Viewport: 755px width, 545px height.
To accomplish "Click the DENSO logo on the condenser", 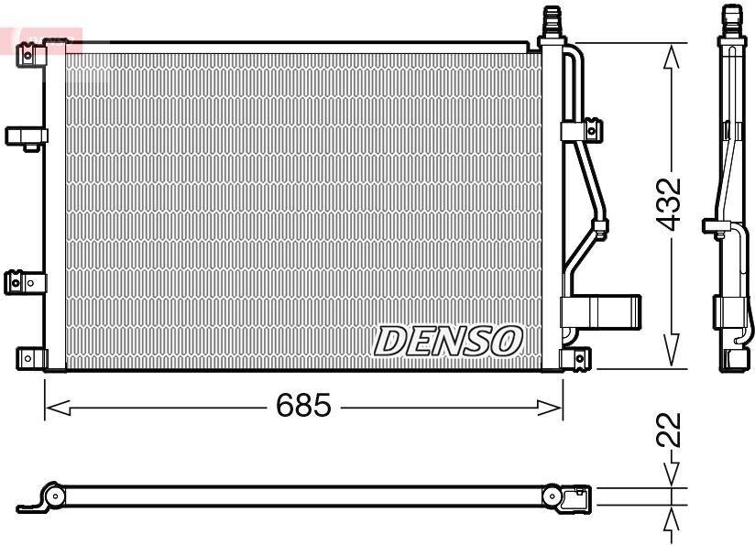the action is [448, 341].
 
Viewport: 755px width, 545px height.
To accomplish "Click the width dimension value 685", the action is [303, 405].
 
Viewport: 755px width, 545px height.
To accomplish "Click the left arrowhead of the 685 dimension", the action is [58, 408].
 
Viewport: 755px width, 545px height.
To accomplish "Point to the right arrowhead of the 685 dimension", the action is [550, 408].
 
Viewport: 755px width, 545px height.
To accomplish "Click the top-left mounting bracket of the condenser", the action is [31, 54].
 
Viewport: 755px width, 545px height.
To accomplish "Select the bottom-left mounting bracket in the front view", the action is [32, 358].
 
